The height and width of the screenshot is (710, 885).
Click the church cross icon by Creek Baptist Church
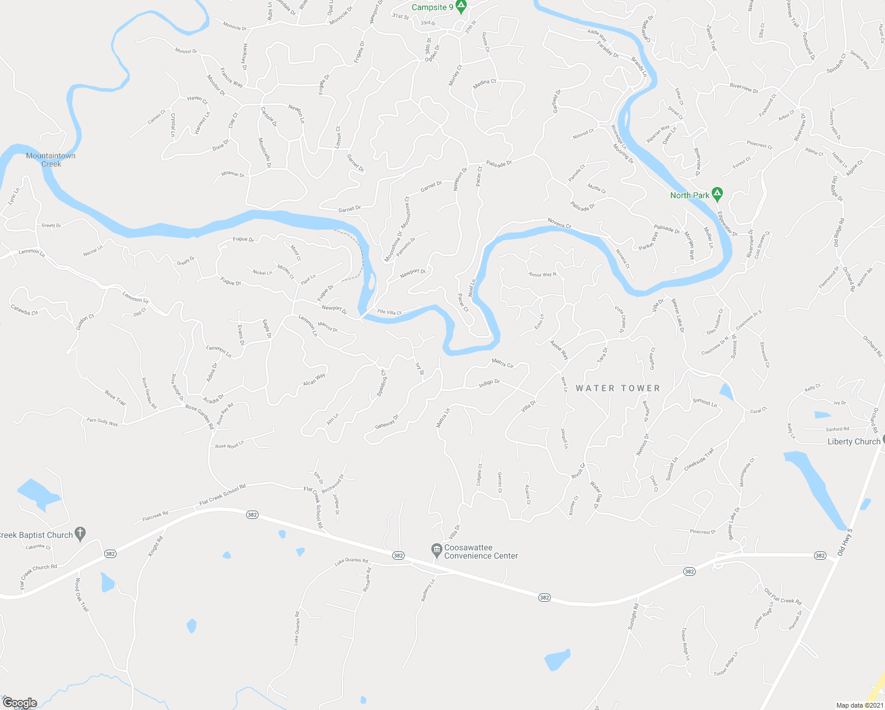coord(81,534)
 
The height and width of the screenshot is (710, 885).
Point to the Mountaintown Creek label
coord(51,160)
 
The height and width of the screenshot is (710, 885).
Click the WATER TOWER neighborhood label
coord(618,388)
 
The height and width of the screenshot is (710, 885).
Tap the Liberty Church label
coord(854,441)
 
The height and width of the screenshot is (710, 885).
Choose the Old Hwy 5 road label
coord(845,541)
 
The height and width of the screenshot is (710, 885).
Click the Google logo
coord(20,703)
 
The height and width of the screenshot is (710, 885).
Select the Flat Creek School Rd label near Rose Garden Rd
coord(222,495)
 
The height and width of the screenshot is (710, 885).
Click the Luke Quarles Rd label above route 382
coord(351,561)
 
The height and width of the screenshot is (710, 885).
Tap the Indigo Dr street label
coord(489,383)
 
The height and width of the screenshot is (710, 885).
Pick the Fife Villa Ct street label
coord(389,312)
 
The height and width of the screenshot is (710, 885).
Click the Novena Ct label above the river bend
coord(559,223)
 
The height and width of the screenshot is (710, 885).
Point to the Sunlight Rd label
coord(633,616)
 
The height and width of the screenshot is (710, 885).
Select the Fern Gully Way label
coord(102,422)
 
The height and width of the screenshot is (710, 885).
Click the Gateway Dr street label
coord(387,421)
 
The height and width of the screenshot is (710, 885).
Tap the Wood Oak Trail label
coord(81,595)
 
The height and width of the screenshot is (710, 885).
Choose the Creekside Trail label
coord(699,460)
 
